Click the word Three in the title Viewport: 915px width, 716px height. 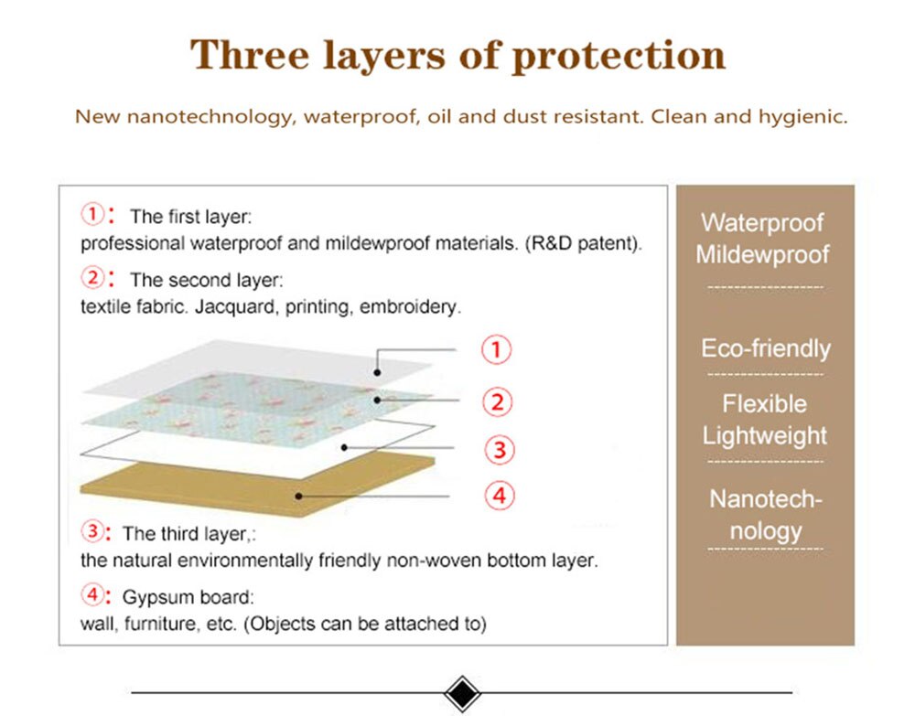249,55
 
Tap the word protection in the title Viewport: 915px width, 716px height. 619,57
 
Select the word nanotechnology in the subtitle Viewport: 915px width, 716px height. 209,117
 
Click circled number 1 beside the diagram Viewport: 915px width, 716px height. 496,349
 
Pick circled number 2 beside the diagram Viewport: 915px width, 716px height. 497,401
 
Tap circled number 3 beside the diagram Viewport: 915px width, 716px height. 500,450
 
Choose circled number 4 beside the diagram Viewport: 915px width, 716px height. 500,496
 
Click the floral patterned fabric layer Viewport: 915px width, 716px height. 257,408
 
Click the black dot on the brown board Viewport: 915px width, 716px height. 298,497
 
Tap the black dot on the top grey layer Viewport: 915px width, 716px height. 378,372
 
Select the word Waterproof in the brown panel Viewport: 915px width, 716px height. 762,223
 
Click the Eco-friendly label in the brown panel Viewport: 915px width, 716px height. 766,348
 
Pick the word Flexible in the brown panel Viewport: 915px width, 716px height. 764,403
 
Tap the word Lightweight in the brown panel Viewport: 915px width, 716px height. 764,436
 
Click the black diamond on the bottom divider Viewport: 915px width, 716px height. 462,693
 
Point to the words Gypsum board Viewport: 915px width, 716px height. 187,598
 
